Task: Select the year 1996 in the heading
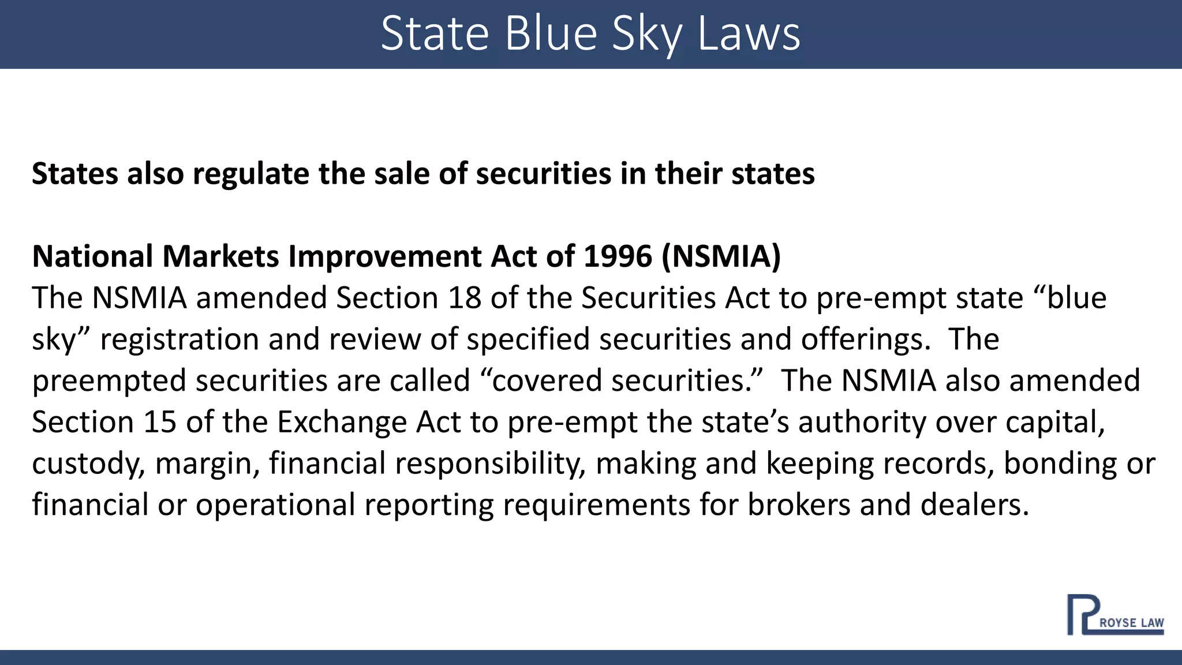coord(618,256)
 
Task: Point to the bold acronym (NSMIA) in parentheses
coord(721,256)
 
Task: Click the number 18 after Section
coord(465,298)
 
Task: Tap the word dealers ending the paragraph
coord(974,505)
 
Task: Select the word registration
coord(179,339)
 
